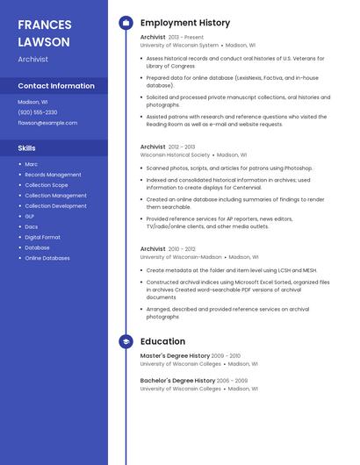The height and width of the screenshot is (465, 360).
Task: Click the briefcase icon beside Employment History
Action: point(126,23)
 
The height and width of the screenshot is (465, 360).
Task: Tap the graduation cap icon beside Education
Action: point(126,341)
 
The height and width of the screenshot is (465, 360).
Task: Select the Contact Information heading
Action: point(56,86)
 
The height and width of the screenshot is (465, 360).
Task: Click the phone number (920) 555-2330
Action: point(38,112)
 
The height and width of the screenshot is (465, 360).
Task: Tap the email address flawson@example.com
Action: point(47,123)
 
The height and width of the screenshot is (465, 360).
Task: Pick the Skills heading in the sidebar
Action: point(27,148)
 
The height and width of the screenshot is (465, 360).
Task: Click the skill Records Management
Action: point(53,175)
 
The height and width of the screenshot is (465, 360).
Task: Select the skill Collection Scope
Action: point(47,185)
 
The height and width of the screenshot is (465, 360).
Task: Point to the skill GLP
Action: point(30,216)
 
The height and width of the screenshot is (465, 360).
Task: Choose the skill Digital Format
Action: point(43,237)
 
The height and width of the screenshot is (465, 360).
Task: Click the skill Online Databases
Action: point(47,258)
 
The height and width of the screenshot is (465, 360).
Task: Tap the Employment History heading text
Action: point(185,23)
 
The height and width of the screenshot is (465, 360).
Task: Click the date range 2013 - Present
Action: point(186,38)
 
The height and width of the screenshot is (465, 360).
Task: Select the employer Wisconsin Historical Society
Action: point(176,154)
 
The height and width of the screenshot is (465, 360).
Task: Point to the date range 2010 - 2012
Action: point(182,249)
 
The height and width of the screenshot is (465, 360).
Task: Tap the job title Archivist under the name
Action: point(33,60)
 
